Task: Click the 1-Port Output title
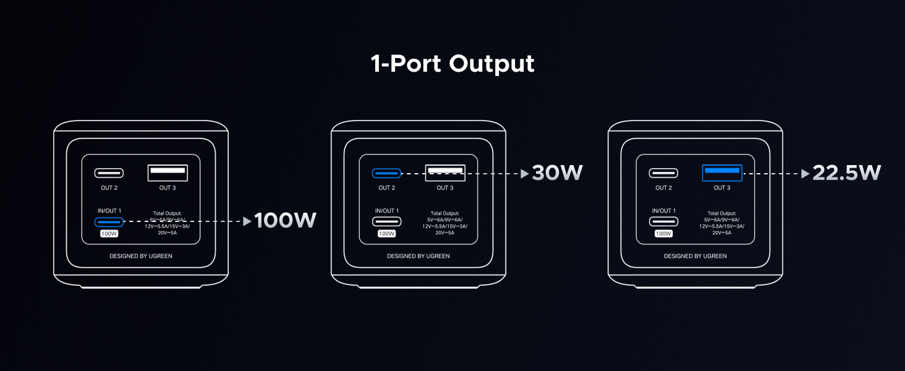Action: click(x=453, y=64)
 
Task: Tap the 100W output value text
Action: click(x=286, y=221)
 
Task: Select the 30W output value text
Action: click(x=557, y=173)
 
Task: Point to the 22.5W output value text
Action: click(x=846, y=173)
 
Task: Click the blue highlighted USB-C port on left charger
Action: click(x=109, y=221)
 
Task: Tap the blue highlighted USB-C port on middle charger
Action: click(x=386, y=174)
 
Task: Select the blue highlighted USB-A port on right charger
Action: click(x=722, y=173)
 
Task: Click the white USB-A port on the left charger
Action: click(x=168, y=173)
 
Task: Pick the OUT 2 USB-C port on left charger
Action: click(x=109, y=173)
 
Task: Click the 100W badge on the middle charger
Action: click(x=386, y=234)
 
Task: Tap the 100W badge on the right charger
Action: click(x=663, y=234)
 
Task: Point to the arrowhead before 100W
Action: click(x=247, y=221)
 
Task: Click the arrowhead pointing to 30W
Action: click(x=525, y=174)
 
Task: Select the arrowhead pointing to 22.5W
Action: click(x=805, y=174)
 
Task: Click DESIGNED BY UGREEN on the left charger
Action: click(x=141, y=256)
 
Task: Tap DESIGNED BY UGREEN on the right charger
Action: click(x=695, y=256)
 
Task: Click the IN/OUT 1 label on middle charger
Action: click(x=386, y=211)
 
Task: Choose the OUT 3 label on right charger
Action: click(x=722, y=188)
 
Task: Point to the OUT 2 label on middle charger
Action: click(x=386, y=188)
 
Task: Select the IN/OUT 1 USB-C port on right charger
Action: click(x=663, y=221)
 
